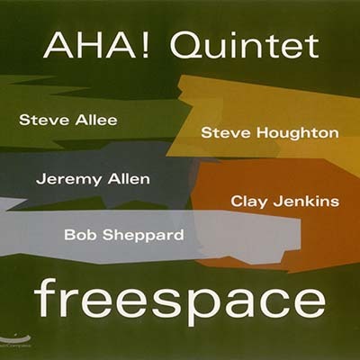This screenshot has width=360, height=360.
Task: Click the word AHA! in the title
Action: point(96,47)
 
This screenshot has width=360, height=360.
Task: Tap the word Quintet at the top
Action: point(245,48)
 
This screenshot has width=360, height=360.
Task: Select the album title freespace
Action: point(180,301)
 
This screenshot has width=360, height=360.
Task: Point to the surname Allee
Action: point(96,121)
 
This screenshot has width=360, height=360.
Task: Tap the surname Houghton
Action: point(298,134)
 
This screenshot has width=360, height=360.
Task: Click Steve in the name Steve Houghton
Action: point(226,133)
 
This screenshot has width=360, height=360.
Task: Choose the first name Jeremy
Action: point(69,180)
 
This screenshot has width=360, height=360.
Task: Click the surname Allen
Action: point(129,179)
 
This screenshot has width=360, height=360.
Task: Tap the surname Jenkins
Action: point(306,202)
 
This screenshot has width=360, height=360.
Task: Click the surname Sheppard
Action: point(143,236)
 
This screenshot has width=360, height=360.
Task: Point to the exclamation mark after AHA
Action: point(145,47)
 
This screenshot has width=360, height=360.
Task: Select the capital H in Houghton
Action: point(262,133)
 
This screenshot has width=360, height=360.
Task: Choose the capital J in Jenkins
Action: point(277,202)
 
